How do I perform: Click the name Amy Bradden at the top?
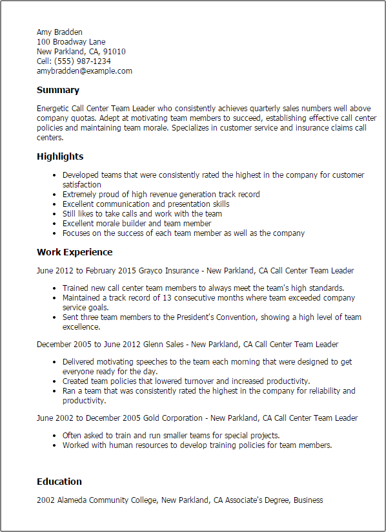tap(59, 32)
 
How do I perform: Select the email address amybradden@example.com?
tap(84, 70)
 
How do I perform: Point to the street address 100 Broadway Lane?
tap(71, 41)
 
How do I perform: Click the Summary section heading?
tap(58, 90)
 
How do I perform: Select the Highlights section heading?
tap(60, 156)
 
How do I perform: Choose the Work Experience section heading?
tap(74, 252)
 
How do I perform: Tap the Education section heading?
tap(59, 482)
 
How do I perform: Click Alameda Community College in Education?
tap(108, 500)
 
